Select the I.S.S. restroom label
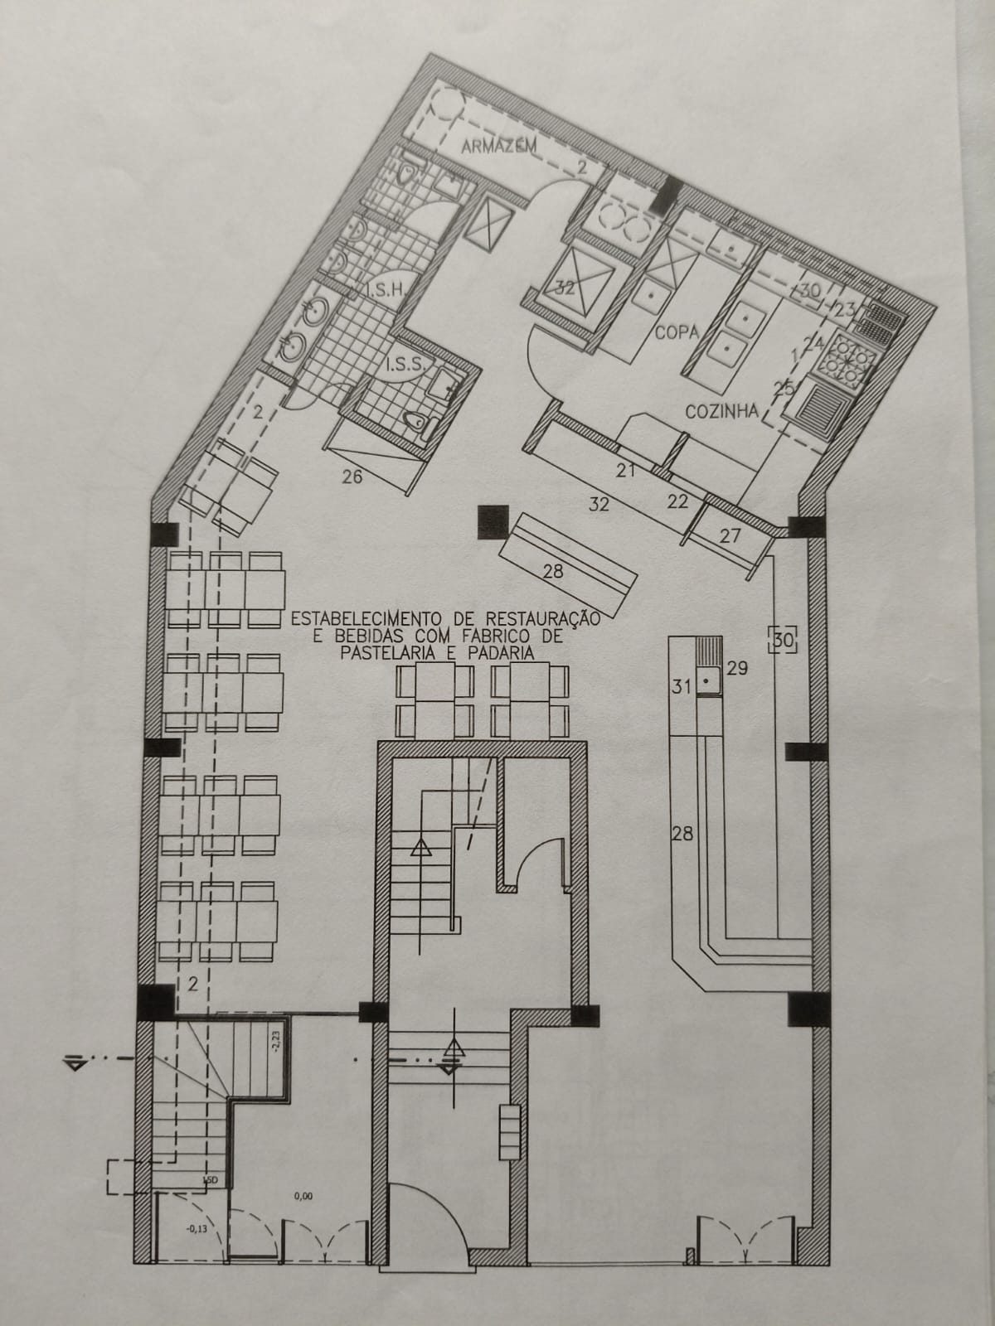click(404, 363)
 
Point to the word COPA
click(677, 331)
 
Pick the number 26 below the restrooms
click(352, 476)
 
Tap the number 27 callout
click(730, 535)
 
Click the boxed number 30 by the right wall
click(783, 637)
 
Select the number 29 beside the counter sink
click(737, 667)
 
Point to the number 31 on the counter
click(682, 686)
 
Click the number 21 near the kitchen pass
click(625, 471)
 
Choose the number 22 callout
click(677, 500)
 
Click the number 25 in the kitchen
click(784, 386)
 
